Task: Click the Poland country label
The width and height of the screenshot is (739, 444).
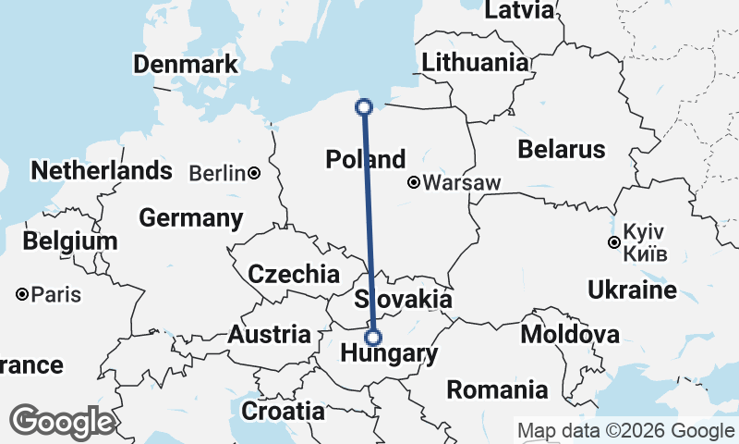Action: tap(366, 159)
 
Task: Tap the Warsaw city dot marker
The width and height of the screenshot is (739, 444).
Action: tap(415, 183)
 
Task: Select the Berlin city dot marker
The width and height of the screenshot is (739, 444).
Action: tap(253, 173)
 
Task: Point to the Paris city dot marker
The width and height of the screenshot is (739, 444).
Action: tap(21, 295)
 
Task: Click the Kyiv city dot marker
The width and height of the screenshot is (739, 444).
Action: tap(613, 242)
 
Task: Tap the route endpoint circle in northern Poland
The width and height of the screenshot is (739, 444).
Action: tap(364, 106)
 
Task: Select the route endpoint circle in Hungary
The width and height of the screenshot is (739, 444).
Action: tap(373, 337)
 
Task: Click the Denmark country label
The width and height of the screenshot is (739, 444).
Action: tap(186, 65)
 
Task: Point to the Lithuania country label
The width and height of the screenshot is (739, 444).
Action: tap(476, 63)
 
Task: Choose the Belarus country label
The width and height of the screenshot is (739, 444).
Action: tap(561, 149)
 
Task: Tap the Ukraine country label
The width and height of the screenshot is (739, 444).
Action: tap(632, 290)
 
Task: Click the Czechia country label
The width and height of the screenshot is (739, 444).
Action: tap(295, 274)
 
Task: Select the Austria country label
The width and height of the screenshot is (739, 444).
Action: tap(269, 334)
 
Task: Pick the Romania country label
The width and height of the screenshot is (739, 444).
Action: tap(498, 389)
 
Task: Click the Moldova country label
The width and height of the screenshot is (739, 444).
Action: tap(570, 333)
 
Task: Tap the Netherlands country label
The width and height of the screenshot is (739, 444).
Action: tap(102, 170)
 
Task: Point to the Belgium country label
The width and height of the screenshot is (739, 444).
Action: tap(71, 241)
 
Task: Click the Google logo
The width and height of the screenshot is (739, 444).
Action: tap(62, 422)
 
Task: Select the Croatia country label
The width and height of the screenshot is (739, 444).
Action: tap(283, 410)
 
